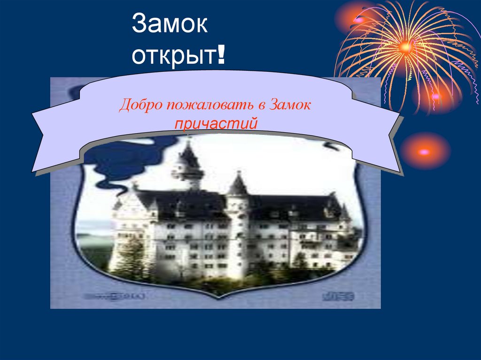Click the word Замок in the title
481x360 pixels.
170,24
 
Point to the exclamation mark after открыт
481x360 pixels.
220,55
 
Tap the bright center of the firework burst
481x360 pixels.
406,46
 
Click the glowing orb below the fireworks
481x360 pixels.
425,151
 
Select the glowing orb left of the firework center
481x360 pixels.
358,20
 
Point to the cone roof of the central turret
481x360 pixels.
238,183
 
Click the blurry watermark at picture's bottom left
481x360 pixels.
113,296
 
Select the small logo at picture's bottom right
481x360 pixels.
338,296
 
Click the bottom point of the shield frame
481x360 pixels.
216,296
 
